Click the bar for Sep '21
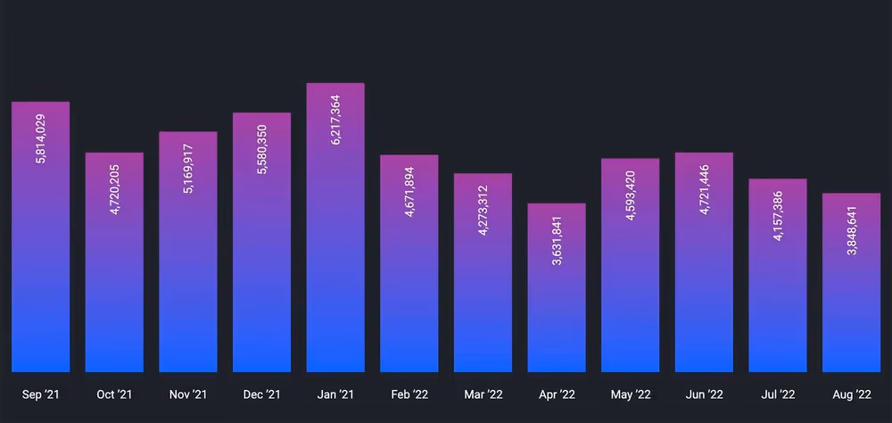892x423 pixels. [x=41, y=268]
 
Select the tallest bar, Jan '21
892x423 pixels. [x=335, y=268]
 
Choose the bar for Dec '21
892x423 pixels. [x=261, y=268]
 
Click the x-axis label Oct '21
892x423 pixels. [x=114, y=394]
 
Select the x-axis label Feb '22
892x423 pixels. [x=409, y=394]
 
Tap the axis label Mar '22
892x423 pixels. [x=483, y=394]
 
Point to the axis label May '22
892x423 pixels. [x=630, y=394]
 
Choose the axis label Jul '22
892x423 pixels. [x=778, y=394]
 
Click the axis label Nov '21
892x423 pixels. [x=188, y=394]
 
